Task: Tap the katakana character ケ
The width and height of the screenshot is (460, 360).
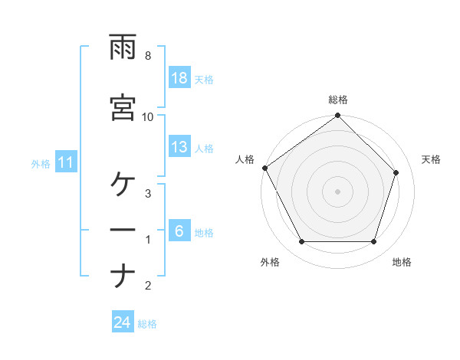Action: pos(123,184)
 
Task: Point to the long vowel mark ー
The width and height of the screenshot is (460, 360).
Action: pos(123,230)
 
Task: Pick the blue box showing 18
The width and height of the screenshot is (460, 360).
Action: pos(179,78)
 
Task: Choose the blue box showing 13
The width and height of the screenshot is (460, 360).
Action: pos(179,147)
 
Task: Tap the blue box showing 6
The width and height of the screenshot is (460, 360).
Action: pos(179,231)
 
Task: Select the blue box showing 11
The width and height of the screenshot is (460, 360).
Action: pos(66,162)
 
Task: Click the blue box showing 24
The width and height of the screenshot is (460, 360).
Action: pos(123,323)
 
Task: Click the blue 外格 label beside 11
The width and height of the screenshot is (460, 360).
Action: pos(41,163)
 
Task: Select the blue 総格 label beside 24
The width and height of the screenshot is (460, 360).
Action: pos(147,324)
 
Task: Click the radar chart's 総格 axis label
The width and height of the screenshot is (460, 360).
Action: pos(338,100)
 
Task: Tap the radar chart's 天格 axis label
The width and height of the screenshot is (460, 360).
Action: pos(432,159)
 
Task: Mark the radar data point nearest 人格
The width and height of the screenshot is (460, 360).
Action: pos(264,168)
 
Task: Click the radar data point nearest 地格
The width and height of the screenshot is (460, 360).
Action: pos(374,242)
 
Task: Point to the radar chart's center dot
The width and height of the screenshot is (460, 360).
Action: pos(338,191)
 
